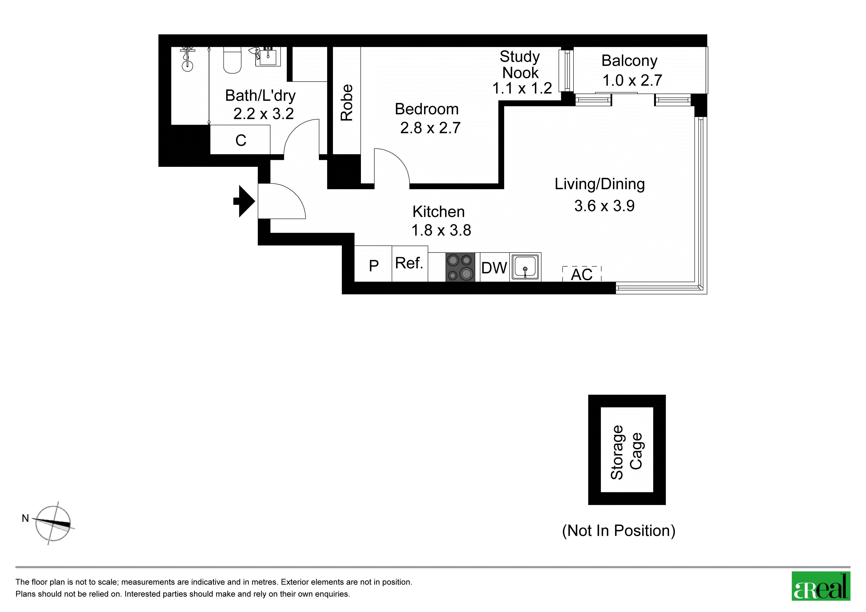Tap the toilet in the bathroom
pos(232,60)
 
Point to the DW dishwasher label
pos(494,268)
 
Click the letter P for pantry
pos(374,266)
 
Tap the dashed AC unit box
pos(582,274)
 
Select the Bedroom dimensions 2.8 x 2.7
pos(430,128)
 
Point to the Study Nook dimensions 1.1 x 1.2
pos(522,88)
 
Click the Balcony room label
pos(629,61)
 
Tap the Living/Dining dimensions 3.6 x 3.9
pos(604,206)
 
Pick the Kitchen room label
pos(438,211)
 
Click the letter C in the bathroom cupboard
pos(241,140)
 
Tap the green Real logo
pos(820,586)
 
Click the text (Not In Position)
pos(619,531)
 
